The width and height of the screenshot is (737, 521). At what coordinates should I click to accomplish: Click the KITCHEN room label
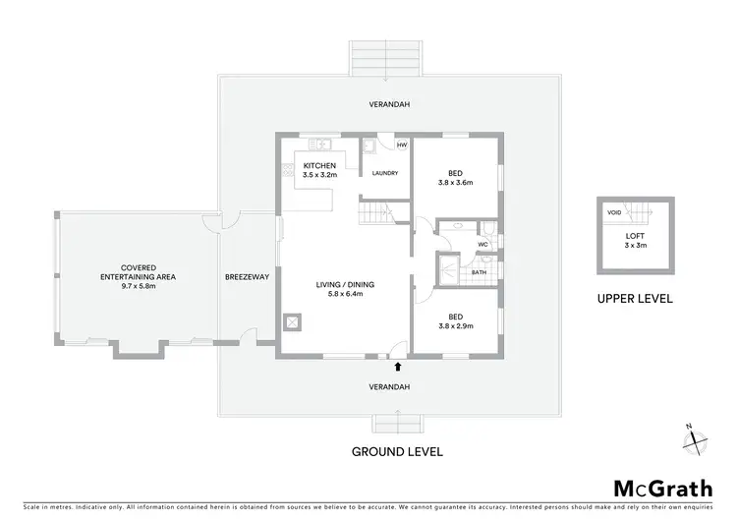319,164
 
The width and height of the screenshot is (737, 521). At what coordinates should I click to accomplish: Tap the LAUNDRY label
384,173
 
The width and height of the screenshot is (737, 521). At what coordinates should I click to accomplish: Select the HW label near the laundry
401,145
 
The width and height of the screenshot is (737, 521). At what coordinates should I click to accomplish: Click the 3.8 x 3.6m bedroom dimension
455,182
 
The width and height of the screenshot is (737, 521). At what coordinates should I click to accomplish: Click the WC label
483,244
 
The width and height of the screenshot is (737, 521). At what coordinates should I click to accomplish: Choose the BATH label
480,272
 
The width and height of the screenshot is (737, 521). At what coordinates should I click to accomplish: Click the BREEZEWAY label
247,277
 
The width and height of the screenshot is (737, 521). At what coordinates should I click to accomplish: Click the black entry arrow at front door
397,367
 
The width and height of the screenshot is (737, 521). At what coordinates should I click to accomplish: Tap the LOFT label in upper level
634,236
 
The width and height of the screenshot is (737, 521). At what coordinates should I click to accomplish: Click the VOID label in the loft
614,212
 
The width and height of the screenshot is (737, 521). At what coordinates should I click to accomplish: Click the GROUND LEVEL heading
397,452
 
